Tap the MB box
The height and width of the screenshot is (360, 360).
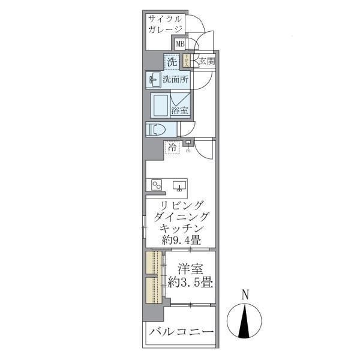[x=180, y=44]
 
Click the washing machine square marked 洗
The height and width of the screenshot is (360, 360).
[x=172, y=61]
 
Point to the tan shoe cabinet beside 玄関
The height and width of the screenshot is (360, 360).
[x=187, y=61]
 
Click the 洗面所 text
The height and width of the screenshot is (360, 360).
[x=174, y=79]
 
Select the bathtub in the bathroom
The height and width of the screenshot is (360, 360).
[x=160, y=105]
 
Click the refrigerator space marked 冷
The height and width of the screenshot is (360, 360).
[x=173, y=146]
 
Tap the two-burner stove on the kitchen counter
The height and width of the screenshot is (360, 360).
[x=157, y=185]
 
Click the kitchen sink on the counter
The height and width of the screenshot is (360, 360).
[x=179, y=185]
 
